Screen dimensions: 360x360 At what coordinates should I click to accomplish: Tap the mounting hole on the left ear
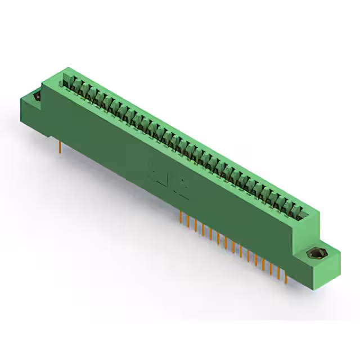pyautogui.click(x=38, y=97)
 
